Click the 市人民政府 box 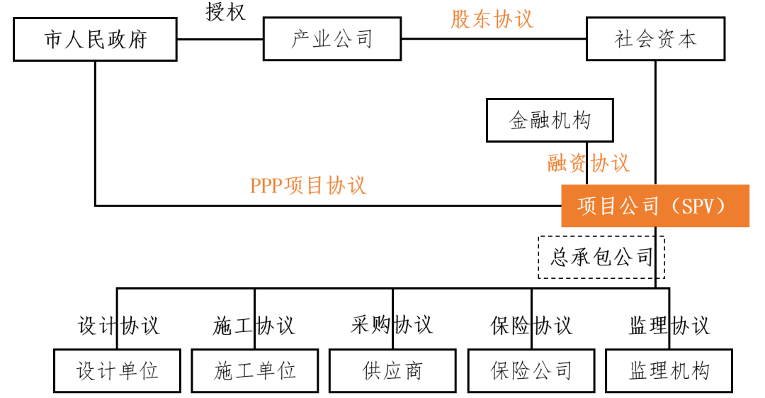[95, 40]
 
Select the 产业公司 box [332, 39]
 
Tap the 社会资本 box [655, 39]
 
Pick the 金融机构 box [550, 120]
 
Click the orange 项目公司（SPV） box [655, 206]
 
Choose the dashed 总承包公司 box [601, 257]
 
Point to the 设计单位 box [117, 370]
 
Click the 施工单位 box [255, 370]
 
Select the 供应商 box [393, 370]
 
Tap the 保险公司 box [531, 370]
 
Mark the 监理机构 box [669, 370]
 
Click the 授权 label [225, 12]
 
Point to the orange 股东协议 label [492, 19]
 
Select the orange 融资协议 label [588, 163]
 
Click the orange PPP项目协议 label [308, 186]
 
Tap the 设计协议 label [118, 326]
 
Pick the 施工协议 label [254, 326]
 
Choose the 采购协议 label [391, 325]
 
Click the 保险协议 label [531, 326]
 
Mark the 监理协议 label [669, 326]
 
